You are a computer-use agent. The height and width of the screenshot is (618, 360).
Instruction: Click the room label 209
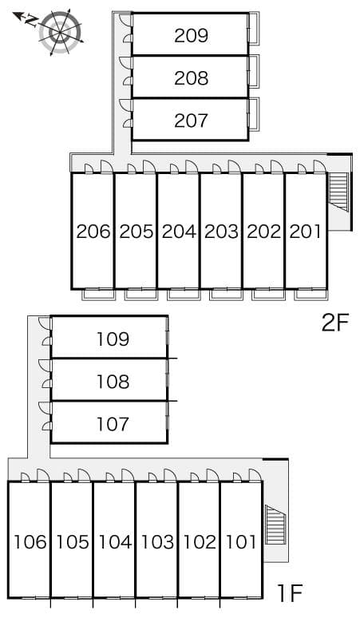pos(191,35)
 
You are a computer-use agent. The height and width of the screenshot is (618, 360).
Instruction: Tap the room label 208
pos(191,78)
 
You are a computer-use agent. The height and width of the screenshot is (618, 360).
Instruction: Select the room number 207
pos(191,121)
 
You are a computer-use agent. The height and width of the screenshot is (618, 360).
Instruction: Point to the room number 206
pos(93,232)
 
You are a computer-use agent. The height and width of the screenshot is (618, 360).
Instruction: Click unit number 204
pos(178,232)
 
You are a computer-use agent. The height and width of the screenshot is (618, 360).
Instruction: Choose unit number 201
pos(305,232)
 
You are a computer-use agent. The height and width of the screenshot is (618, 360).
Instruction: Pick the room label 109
pos(113,339)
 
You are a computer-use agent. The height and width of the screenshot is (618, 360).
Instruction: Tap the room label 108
pos(113,382)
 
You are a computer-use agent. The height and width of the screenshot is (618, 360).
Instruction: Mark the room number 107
pos(113,424)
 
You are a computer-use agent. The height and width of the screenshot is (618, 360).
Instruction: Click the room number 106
pos(30,543)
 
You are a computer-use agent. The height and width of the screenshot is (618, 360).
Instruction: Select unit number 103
pos(157,543)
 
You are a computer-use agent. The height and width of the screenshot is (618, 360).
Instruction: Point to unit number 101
pos(241,543)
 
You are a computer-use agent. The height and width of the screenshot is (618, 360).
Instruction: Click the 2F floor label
pos(335,323)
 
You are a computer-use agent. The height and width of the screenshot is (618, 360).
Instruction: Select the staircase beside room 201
pos(338,192)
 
